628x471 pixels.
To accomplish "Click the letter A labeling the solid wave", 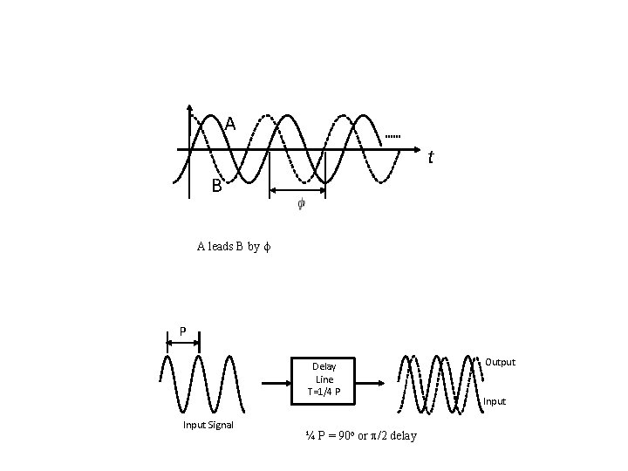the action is point(230,124).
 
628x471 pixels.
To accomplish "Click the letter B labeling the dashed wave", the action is point(216,186).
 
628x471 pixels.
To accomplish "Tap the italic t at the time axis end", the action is point(430,158).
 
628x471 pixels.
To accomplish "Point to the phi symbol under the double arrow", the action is point(301,205).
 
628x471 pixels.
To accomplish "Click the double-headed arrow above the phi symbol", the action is point(298,189).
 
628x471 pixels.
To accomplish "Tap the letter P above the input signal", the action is point(182,331).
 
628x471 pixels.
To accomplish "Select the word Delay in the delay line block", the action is point(324,365).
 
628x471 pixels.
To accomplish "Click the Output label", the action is point(500,361).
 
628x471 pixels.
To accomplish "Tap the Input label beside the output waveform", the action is point(494,401).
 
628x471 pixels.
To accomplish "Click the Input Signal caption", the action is point(208,425).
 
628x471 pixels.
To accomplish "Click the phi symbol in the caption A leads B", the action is point(268,247).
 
